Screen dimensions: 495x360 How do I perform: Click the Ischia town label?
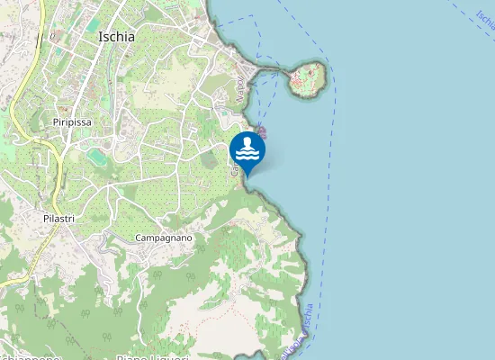(x=116, y=37)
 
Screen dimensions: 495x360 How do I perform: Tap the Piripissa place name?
(x=73, y=121)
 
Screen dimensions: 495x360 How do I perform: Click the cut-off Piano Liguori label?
(x=151, y=356)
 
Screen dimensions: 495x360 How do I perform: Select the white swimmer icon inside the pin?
(x=247, y=148)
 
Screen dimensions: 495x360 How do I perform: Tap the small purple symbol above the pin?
(x=261, y=131)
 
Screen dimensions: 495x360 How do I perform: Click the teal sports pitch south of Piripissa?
(x=96, y=157)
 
